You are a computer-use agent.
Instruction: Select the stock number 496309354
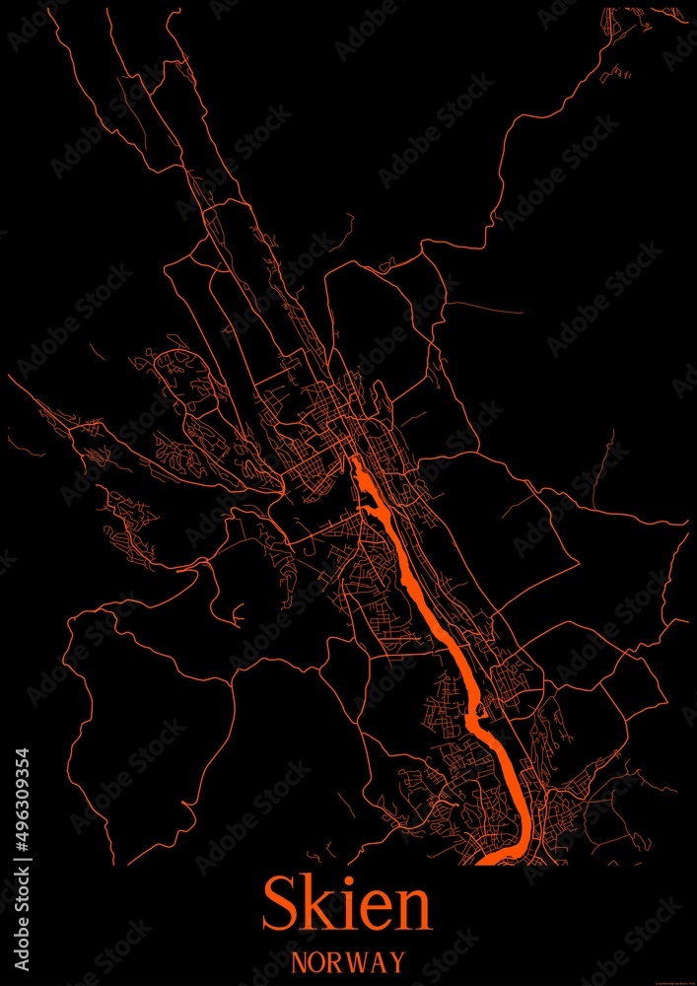click(x=22, y=800)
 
